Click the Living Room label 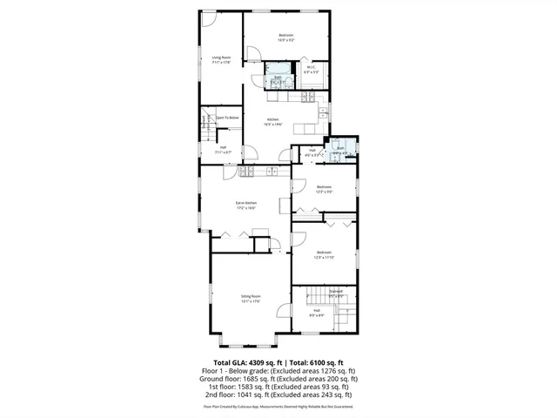[221, 57]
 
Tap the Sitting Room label [251, 297]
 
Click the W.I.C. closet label [311, 67]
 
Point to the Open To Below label [228, 118]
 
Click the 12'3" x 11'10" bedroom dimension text [325, 257]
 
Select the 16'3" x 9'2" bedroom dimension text [287, 40]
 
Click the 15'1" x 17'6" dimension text [251, 302]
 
